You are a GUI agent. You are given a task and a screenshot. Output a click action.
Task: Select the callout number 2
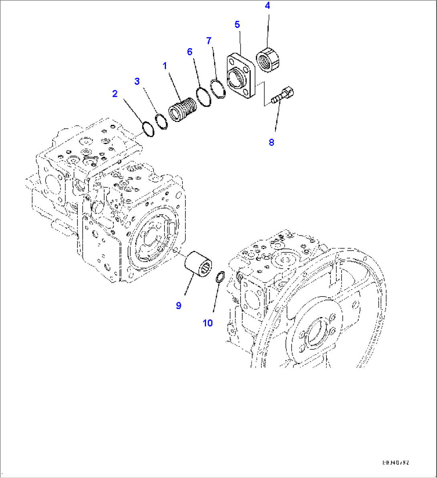click(x=115, y=94)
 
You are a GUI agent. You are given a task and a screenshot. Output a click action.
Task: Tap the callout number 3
click(x=137, y=81)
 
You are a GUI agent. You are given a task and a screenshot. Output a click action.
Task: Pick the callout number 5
click(x=237, y=24)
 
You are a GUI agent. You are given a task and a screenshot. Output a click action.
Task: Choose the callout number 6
click(x=190, y=52)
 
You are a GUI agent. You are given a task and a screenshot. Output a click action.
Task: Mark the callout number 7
click(x=208, y=41)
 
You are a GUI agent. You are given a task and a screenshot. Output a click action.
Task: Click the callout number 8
click(x=271, y=142)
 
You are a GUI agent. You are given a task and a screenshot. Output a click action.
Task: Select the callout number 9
click(x=178, y=305)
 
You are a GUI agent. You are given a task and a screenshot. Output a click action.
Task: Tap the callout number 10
click(x=208, y=323)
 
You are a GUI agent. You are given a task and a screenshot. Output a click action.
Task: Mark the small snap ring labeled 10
click(x=220, y=277)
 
